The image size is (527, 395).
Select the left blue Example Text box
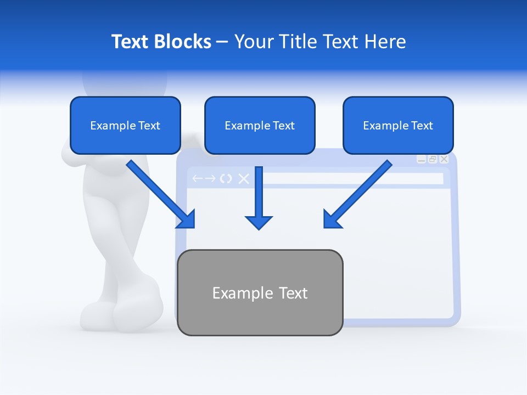125,125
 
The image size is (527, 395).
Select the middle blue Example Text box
260,125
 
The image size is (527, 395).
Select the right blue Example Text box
398,125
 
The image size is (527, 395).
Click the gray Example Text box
260,293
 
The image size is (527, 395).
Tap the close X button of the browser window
444,159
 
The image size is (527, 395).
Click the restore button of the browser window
433,159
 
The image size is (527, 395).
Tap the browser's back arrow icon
197,179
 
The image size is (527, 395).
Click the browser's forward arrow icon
210,179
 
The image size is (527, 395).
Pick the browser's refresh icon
226,179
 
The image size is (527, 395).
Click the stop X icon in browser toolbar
243,179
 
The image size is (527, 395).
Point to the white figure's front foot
137,313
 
